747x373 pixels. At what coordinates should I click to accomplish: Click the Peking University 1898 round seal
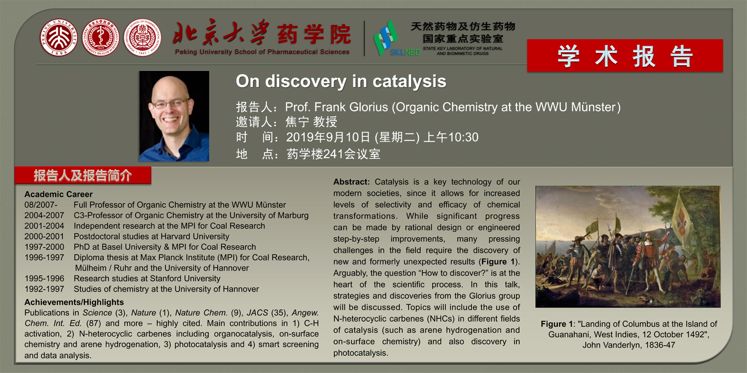coord(59,37)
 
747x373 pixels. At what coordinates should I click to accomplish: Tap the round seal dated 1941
coord(142,37)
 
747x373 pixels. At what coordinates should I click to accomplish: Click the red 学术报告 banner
coord(625,56)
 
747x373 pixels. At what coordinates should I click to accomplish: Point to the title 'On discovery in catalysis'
coord(341,81)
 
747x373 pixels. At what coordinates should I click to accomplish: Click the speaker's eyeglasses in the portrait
coord(170,103)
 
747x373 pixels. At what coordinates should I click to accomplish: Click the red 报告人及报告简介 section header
coord(83,175)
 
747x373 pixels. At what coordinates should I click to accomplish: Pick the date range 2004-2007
coord(44,215)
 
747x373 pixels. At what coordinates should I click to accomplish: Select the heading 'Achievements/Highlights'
coord(74,302)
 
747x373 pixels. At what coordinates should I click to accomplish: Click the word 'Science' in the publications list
coord(97,313)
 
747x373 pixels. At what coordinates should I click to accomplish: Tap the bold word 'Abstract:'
coord(352,182)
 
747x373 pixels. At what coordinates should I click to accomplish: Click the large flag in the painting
coord(681,220)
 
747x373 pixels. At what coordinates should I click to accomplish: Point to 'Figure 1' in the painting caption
coord(557,324)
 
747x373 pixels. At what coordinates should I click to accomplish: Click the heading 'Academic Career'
coord(58,194)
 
